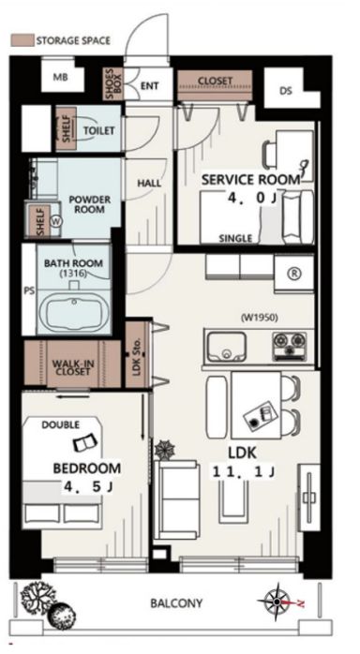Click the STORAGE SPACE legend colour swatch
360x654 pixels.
pyautogui.click(x=22, y=40)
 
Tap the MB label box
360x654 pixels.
pyautogui.click(x=61, y=77)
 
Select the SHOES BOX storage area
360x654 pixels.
pyautogui.click(x=113, y=83)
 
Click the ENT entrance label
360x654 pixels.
pyautogui.click(x=149, y=86)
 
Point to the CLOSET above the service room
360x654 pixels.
pyautogui.click(x=215, y=85)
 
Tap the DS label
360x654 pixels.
pyautogui.click(x=286, y=91)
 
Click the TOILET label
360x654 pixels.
pyautogui.click(x=98, y=130)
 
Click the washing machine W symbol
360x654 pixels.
pyautogui.click(x=55, y=221)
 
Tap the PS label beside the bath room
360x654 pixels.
pyautogui.click(x=29, y=290)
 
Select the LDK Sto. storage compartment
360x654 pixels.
pyautogui.click(x=137, y=354)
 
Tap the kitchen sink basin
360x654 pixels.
pyautogui.click(x=226, y=346)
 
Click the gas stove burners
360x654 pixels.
pyautogui.click(x=290, y=346)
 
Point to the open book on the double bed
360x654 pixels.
pyautogui.click(x=85, y=441)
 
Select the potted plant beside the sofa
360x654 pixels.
pyautogui.click(x=164, y=449)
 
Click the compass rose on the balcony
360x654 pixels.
pyautogui.click(x=277, y=602)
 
